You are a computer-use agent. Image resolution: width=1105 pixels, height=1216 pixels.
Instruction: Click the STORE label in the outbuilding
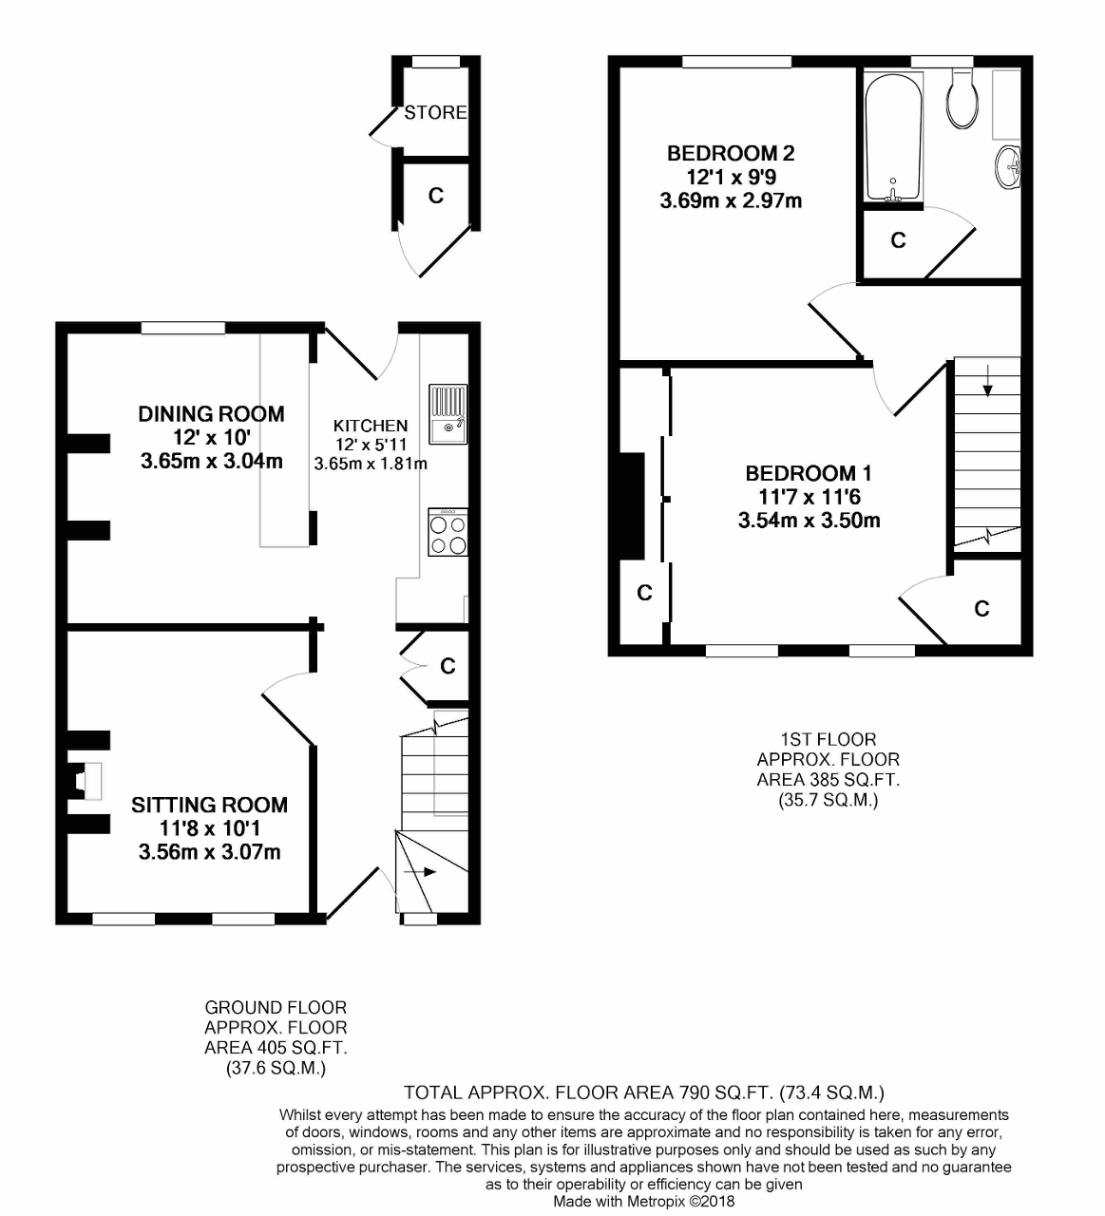coord(435,112)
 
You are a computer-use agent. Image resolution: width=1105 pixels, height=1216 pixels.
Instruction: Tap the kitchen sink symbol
coord(448,414)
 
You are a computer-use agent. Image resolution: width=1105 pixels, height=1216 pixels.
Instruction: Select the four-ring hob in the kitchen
coord(448,533)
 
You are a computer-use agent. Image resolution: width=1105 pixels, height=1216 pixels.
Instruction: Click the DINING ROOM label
coord(211,413)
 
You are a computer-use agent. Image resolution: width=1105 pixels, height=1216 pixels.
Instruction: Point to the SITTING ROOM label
coord(209,805)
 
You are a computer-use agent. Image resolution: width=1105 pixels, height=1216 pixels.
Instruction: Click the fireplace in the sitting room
coord(86,780)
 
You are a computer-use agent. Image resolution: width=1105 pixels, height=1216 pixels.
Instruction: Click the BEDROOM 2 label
coord(731,153)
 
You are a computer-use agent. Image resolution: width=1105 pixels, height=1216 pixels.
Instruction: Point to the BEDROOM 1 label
coord(809,473)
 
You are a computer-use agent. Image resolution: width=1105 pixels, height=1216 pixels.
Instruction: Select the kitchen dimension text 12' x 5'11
coord(371,445)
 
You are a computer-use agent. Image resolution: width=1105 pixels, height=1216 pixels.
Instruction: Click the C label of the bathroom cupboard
coord(898,241)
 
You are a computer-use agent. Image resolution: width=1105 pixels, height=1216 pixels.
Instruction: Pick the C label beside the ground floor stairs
coord(448,667)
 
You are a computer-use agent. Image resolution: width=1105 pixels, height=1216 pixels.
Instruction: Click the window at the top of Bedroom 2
coord(736,62)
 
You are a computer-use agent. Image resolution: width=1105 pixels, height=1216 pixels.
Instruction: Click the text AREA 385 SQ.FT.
coord(828,780)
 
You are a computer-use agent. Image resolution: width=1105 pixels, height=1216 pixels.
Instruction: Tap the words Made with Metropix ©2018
coord(643,1201)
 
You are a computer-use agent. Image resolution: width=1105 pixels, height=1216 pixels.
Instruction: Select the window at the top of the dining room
coord(183,328)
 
